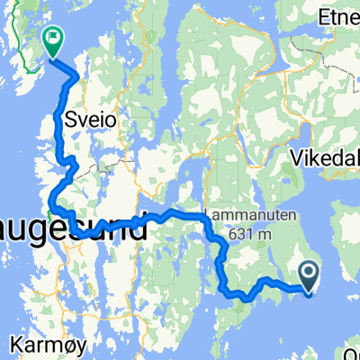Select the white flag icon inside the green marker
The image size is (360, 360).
tap(53, 38)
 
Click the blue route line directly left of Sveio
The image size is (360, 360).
tap(61, 117)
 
